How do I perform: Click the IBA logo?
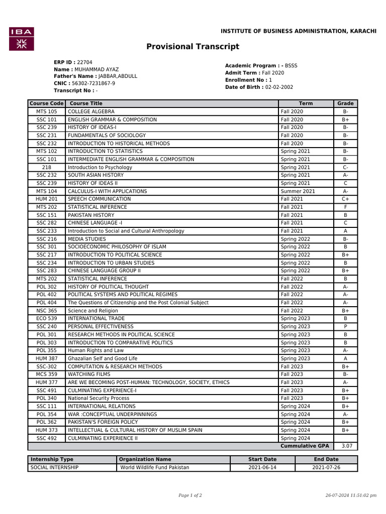pos(22,39)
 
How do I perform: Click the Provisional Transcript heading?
pos(192,47)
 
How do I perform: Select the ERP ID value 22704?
pos(84,62)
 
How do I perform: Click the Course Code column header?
pos(46,103)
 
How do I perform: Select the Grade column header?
pos(345,103)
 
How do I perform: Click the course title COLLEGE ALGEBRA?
pos(91,111)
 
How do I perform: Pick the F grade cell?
pos(345,207)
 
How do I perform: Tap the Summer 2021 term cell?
pos(298,191)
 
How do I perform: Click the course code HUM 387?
pos(46,358)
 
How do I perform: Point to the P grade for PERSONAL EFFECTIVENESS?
pos(345,327)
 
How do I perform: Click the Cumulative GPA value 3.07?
pos(346,446)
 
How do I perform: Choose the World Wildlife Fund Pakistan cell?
pos(155,467)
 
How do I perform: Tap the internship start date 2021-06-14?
pos(262,467)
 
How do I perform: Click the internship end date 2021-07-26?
pos(326,467)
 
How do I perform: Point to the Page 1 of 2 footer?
pos(190,495)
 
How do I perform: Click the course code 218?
pos(46,167)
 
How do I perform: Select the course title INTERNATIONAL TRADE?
pos(96,318)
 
